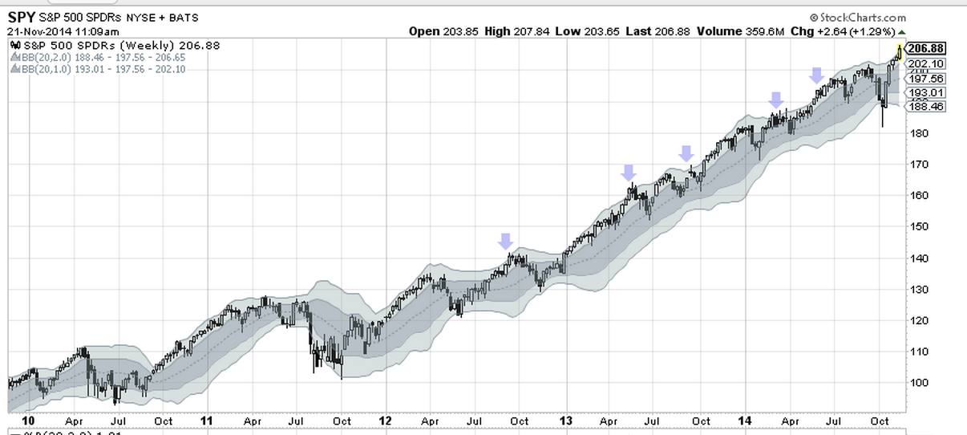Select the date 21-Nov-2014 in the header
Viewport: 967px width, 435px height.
(35, 31)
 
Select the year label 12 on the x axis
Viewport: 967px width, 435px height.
(386, 421)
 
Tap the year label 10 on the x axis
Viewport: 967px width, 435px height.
(29, 421)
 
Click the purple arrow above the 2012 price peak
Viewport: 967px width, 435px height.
(505, 240)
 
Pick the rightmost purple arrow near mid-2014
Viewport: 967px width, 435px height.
(816, 75)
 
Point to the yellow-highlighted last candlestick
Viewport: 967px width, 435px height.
(899, 53)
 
